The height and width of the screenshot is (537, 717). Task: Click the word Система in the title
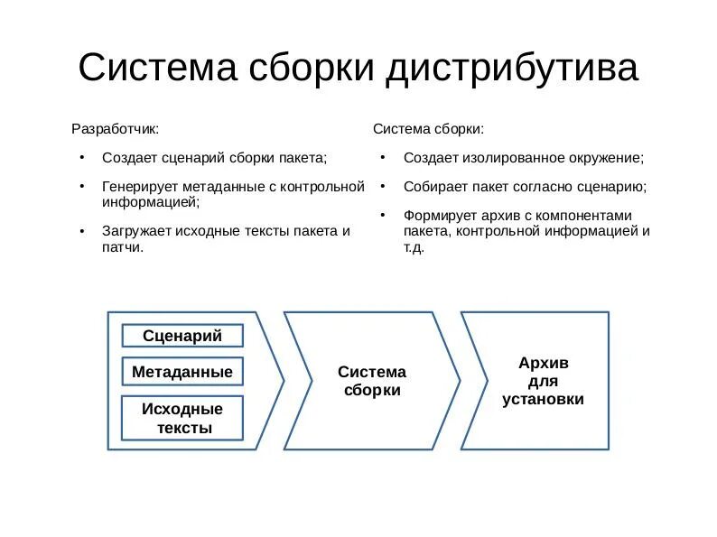(x=155, y=68)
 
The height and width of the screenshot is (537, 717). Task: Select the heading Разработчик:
(x=115, y=129)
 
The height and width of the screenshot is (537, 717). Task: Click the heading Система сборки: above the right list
(x=428, y=129)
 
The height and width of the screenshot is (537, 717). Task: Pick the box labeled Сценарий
(x=182, y=336)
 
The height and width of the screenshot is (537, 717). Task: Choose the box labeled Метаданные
(x=182, y=372)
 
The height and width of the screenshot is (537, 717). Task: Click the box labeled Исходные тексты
(x=182, y=418)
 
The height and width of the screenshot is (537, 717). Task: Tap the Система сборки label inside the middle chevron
(x=372, y=381)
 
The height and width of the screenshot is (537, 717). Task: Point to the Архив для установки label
(x=544, y=381)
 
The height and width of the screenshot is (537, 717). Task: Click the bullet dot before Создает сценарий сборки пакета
(x=81, y=157)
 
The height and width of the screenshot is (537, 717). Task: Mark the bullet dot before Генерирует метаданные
(x=81, y=187)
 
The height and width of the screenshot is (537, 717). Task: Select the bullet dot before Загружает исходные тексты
(x=81, y=230)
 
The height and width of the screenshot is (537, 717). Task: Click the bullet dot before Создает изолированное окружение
(x=382, y=157)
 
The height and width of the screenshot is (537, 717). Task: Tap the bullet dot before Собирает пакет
(x=382, y=187)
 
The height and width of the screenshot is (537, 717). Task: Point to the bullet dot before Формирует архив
(x=382, y=215)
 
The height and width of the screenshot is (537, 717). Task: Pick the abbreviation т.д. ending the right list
(x=414, y=246)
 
